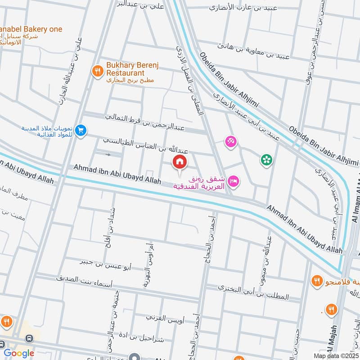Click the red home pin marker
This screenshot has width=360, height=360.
pyautogui.click(x=179, y=162)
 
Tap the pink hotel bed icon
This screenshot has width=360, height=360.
pyautogui.click(x=234, y=181)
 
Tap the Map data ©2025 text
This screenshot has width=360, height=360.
pyautogui.click(x=335, y=356)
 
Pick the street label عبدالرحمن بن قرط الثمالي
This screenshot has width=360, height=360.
pyautogui.click(x=144, y=122)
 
